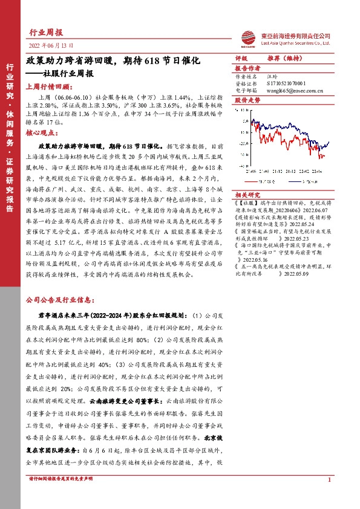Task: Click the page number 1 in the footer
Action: point(329,480)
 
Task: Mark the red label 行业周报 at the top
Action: point(46,32)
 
